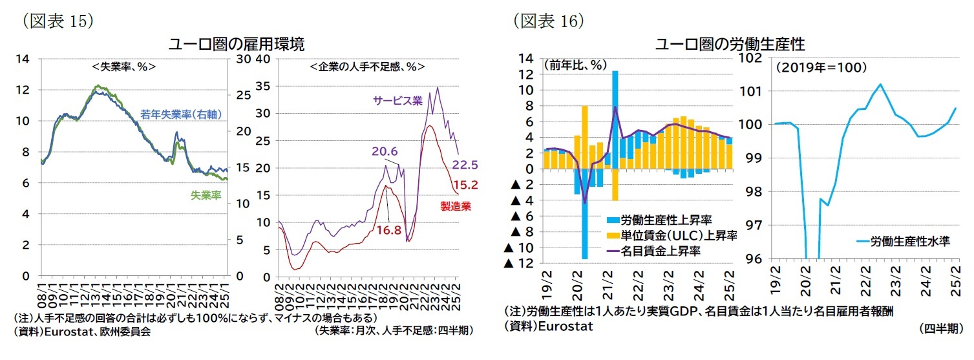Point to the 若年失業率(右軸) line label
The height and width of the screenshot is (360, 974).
click(x=182, y=115)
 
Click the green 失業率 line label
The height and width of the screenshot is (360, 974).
click(x=206, y=195)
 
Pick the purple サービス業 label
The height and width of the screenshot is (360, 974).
click(x=397, y=100)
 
